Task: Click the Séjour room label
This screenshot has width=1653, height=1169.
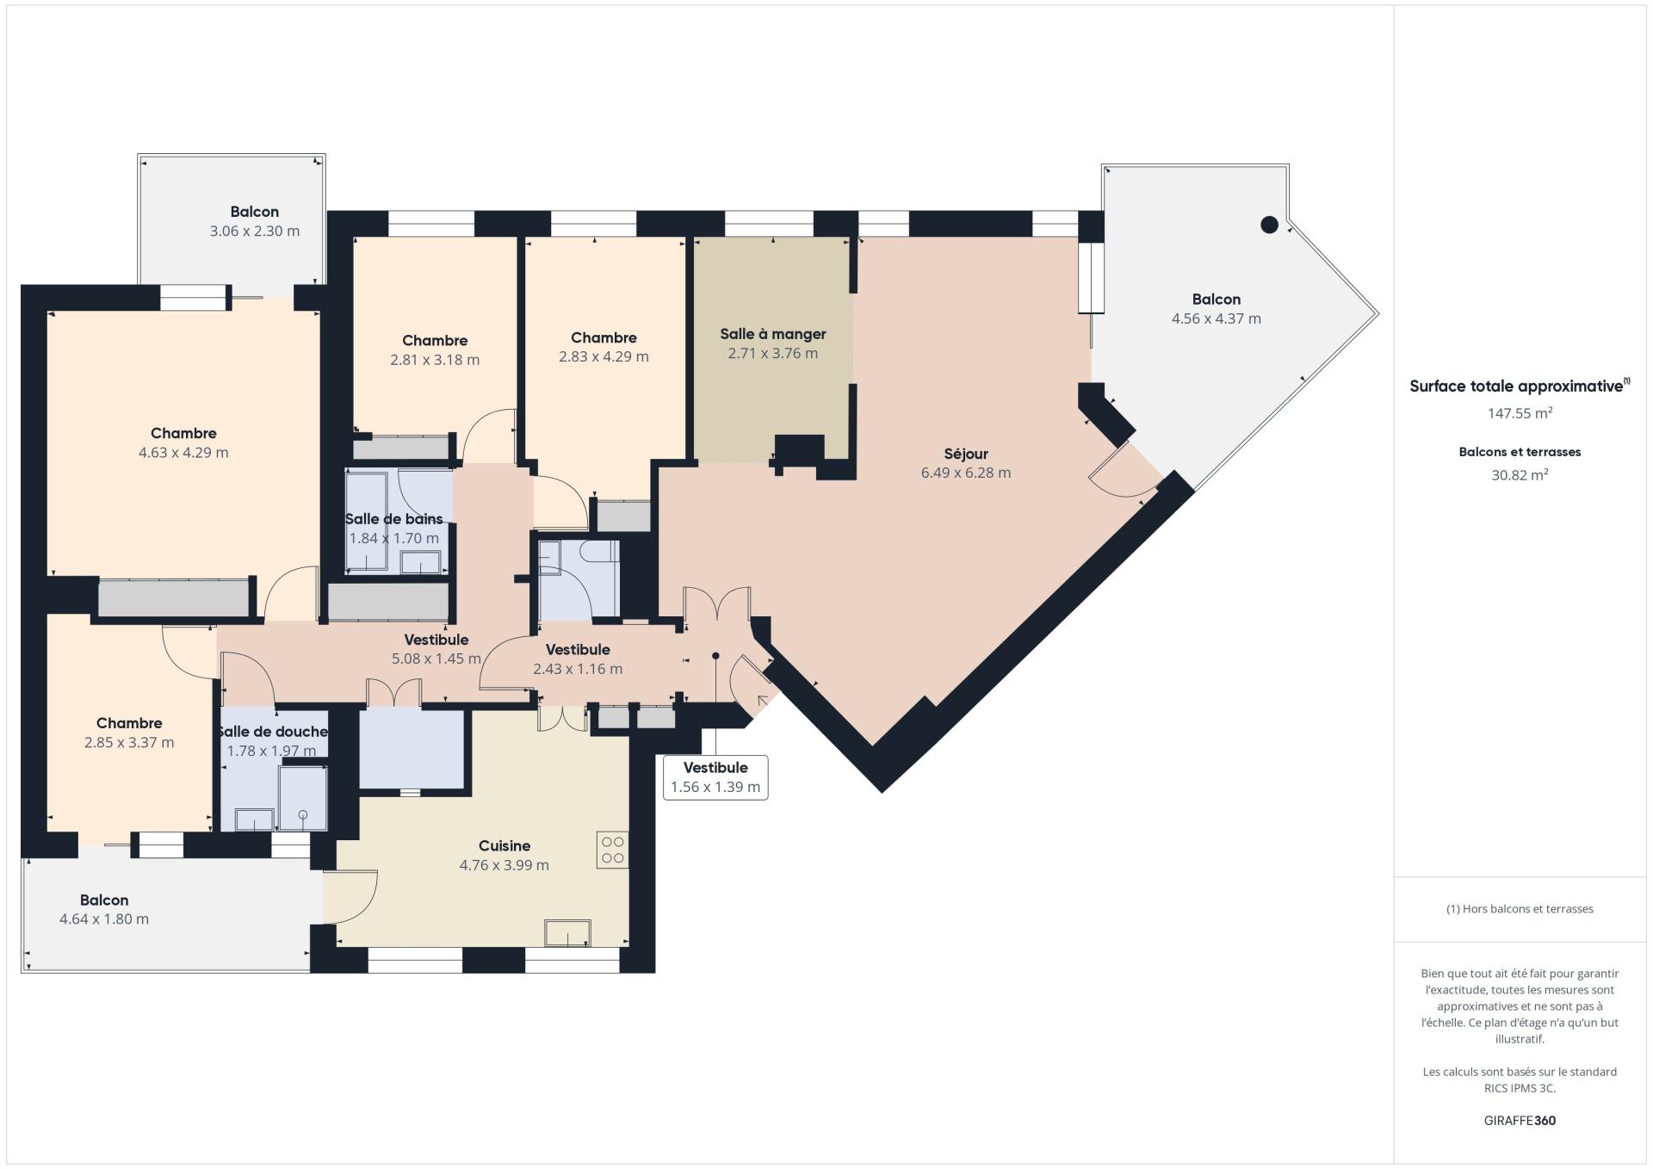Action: coord(966,454)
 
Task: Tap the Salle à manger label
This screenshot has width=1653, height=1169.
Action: coord(773,334)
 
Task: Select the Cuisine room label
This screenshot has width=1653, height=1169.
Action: coord(505,846)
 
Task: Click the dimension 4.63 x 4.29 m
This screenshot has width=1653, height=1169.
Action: coord(183,453)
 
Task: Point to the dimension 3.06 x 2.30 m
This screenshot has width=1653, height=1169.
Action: coord(255,231)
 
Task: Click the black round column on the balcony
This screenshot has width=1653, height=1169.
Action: coord(1269,225)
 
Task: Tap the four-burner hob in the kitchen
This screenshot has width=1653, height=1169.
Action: coord(613,850)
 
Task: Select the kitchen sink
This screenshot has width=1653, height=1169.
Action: coord(568,932)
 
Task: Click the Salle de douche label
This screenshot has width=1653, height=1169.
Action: coord(272,732)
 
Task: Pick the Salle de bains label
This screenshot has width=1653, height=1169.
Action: coord(394,519)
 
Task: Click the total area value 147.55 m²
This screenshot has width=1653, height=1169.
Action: coord(1520,413)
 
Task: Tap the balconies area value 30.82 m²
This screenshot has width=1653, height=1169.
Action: coord(1520,474)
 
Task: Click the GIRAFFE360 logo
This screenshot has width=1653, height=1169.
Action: coord(1520,1121)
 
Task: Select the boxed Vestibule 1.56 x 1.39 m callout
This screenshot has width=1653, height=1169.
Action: coord(715,777)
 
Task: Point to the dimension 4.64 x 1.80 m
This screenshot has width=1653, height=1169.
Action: coord(104,919)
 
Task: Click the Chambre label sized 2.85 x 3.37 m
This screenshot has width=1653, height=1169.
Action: coord(129,723)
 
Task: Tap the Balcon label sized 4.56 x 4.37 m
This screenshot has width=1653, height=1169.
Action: coord(1217,300)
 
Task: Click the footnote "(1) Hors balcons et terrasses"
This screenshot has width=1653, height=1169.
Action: coord(1520,909)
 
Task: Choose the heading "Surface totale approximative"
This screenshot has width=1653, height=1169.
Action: coord(1516,387)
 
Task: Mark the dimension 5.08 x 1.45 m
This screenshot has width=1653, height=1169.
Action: coord(436,659)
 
